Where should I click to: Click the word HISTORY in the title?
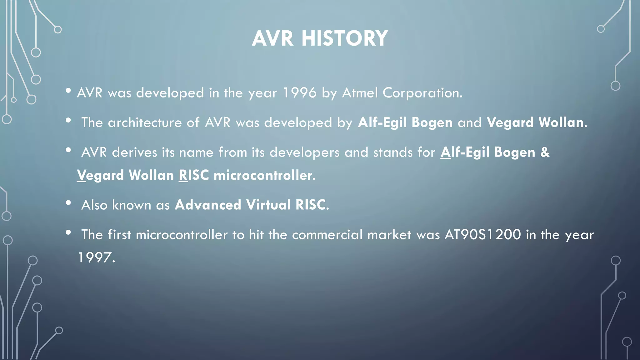tap(344, 38)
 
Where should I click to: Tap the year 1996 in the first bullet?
tap(299, 93)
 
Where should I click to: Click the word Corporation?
tap(422, 93)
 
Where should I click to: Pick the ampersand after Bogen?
tap(545, 152)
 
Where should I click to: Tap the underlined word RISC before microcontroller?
tap(194, 175)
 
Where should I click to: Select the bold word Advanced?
tap(208, 205)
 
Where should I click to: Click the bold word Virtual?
tap(268, 205)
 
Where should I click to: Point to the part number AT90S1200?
tap(482, 235)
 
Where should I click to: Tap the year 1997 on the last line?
tap(94, 258)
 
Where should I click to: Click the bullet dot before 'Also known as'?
tap(68, 203)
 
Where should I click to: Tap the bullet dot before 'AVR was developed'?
tap(68, 91)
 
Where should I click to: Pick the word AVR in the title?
tap(272, 38)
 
